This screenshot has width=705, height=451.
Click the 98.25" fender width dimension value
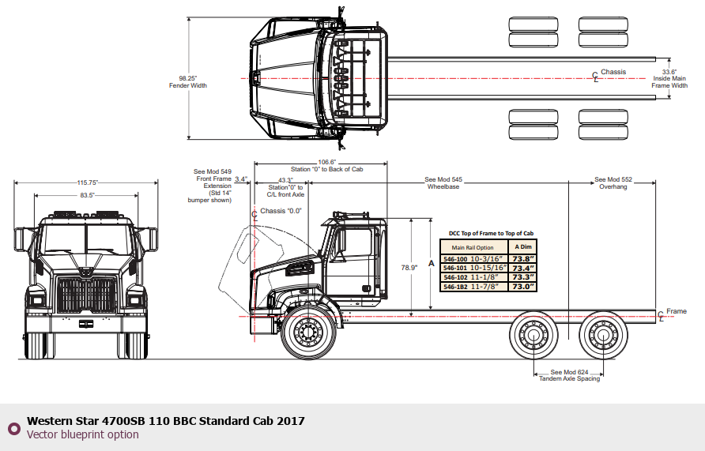pos(188,78)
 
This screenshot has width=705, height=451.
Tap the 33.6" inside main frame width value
pos(669,72)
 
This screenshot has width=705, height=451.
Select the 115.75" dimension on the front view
pos(87,182)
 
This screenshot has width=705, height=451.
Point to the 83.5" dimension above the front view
pos(87,195)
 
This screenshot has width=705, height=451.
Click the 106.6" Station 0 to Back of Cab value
pos(327,162)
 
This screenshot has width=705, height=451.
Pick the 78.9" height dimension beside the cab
pos(409,268)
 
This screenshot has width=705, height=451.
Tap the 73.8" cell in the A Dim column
pos(523,259)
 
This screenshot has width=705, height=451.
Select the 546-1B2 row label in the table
pos(455,287)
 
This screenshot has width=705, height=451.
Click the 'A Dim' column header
pos(523,246)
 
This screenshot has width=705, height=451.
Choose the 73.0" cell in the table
pos(523,287)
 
